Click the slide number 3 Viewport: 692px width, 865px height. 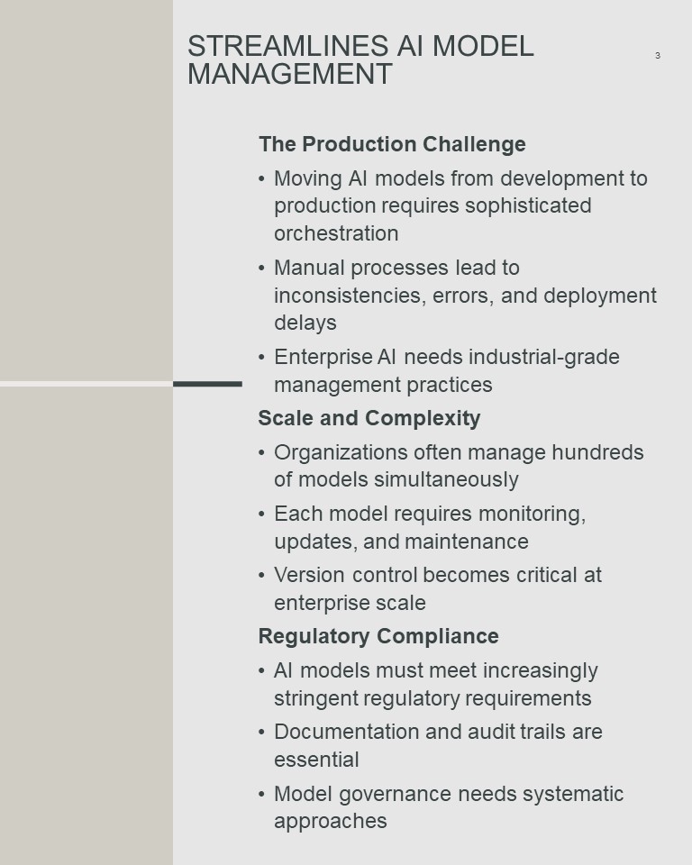point(657,55)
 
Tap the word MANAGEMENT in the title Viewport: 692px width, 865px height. point(290,74)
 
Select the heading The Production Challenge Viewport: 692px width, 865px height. point(392,144)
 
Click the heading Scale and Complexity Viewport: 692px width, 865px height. point(369,418)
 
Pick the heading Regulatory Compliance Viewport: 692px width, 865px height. point(378,636)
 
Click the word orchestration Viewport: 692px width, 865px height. point(336,233)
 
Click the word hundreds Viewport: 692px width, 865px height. point(597,452)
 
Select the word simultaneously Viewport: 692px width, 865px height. point(446,480)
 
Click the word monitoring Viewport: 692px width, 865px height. point(532,514)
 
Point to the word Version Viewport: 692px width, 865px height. point(310,575)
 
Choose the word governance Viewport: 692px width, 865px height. point(396,795)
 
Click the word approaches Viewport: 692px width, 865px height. point(331,822)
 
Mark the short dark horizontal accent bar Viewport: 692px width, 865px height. point(207,384)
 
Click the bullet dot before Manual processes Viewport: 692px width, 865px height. point(261,269)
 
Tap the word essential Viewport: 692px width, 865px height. point(316,760)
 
